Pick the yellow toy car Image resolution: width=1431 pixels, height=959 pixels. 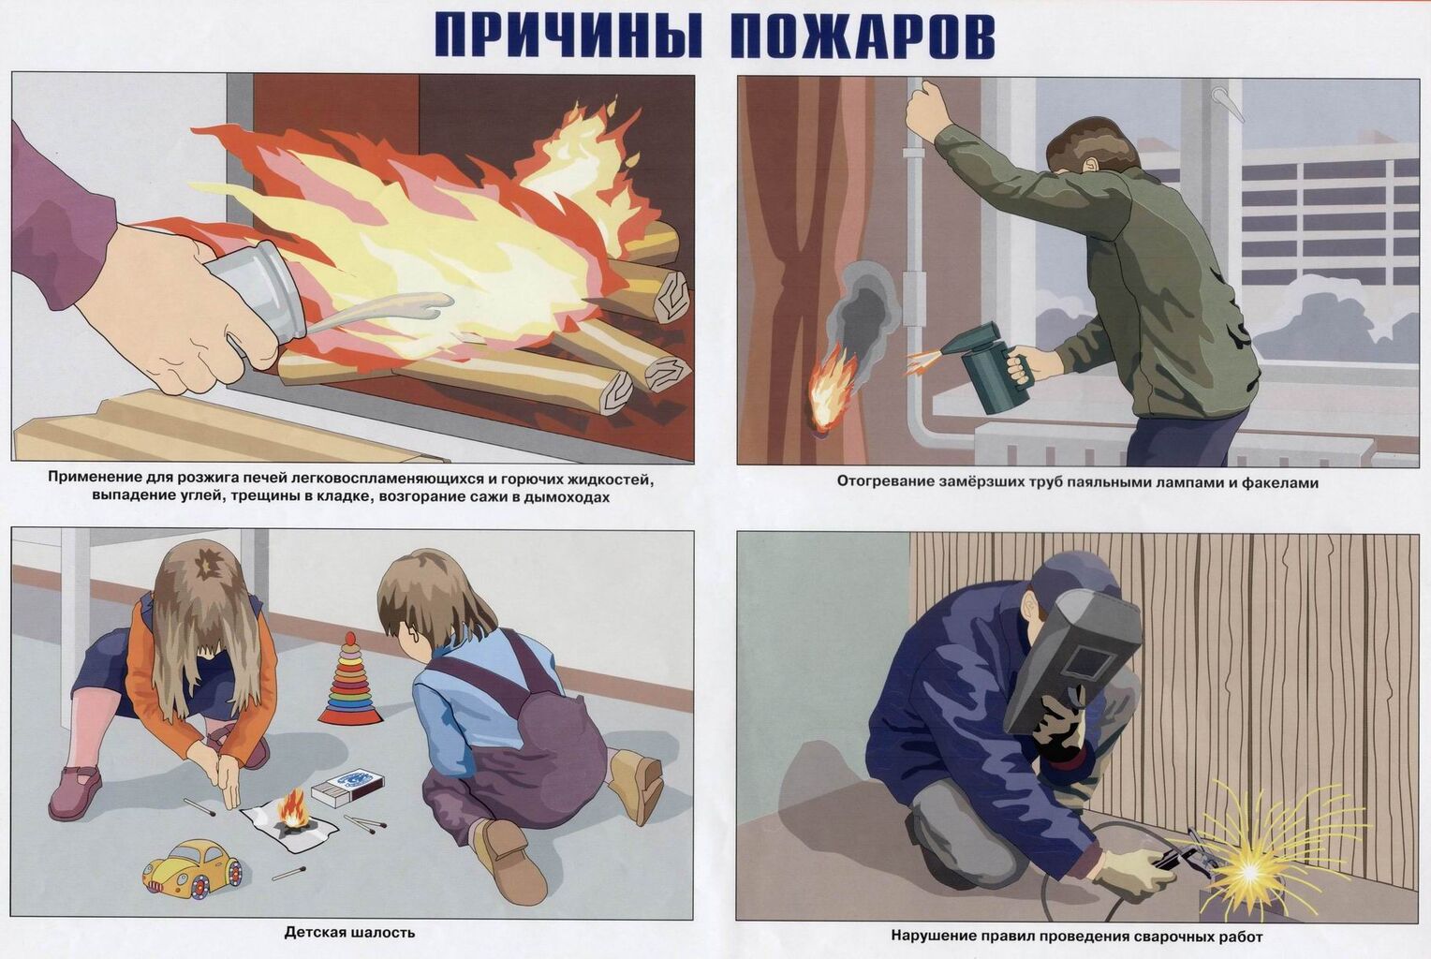(192, 869)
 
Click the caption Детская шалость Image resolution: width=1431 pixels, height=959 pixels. (349, 933)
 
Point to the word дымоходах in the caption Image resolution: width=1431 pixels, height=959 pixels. (566, 497)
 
